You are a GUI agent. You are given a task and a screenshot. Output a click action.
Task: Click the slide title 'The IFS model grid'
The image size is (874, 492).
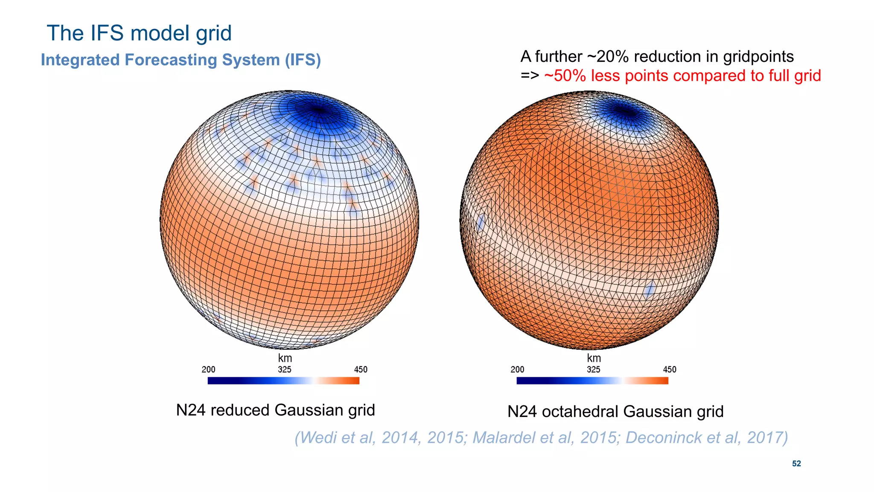[139, 33]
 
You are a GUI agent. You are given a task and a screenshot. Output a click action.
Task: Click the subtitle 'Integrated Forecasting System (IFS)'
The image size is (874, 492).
[181, 60]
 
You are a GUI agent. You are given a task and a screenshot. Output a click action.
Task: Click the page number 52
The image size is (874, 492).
[796, 463]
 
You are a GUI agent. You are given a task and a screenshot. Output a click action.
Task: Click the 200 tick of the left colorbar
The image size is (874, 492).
[208, 370]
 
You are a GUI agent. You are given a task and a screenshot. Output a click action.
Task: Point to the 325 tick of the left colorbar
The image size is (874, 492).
[284, 370]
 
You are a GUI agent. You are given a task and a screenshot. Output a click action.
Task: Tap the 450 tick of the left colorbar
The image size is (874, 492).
[361, 370]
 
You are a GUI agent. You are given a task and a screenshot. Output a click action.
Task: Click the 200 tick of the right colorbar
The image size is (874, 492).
[517, 370]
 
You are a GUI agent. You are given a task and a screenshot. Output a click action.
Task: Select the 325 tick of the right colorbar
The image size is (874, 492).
[593, 370]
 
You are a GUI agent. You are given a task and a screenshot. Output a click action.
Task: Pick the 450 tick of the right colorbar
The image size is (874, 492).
[670, 370]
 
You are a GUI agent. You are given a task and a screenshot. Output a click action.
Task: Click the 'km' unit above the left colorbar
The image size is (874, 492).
[285, 358]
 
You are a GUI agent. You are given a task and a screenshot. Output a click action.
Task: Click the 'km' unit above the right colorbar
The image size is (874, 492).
[594, 358]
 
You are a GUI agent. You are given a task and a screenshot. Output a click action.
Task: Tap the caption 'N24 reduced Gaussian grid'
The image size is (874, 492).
[275, 410]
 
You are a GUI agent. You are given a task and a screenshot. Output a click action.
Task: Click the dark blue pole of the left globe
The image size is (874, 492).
[318, 109]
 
